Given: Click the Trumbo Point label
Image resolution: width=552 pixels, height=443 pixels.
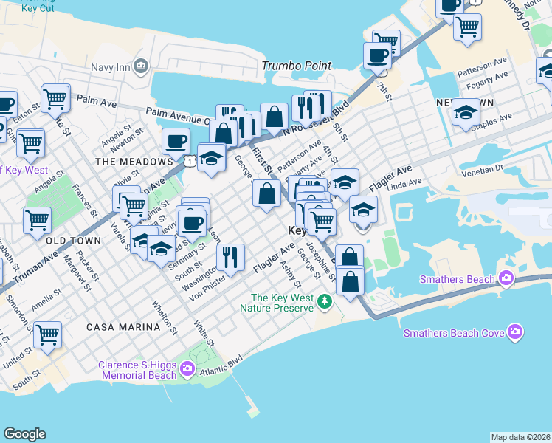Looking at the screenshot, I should pyautogui.click(x=297, y=66).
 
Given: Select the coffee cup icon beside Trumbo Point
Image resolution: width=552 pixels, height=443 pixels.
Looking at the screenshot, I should pyautogui.click(x=377, y=55).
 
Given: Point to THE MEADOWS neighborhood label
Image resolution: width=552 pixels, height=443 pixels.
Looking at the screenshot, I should pyautogui.click(x=133, y=161).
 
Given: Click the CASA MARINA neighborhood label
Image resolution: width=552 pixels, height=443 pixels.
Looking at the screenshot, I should pyautogui.click(x=123, y=326).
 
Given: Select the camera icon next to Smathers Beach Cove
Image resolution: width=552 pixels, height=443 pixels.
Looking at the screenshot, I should pyautogui.click(x=515, y=333).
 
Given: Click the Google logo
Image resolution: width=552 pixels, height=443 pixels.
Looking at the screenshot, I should pyautogui.click(x=24, y=434).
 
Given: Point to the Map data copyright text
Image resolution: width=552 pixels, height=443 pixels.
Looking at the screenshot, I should pyautogui.click(x=520, y=437).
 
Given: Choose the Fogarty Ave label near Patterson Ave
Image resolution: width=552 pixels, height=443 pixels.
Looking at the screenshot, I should pyautogui.click(x=482, y=76).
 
